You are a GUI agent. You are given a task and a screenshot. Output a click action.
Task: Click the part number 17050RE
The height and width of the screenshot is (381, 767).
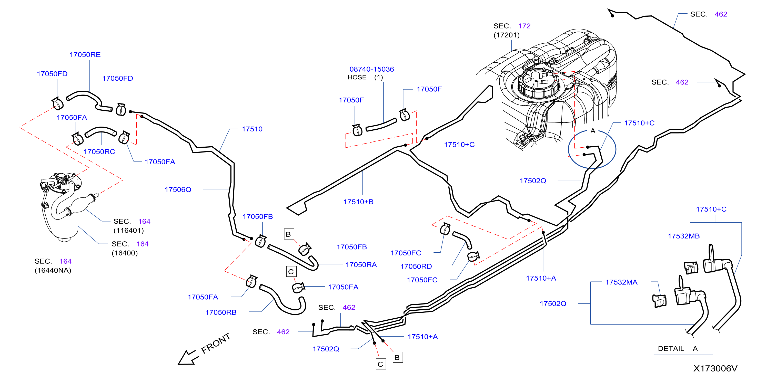85,54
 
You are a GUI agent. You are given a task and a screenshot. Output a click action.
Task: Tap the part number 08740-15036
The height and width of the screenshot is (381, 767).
372,69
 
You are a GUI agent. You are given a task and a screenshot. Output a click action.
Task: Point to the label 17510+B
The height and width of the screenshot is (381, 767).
358,202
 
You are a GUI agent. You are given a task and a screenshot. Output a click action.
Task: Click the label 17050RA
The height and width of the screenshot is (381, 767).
361,265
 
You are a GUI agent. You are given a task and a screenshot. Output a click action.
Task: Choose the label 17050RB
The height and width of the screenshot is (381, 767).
221,312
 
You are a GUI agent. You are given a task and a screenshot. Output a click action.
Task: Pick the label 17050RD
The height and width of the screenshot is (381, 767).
416,266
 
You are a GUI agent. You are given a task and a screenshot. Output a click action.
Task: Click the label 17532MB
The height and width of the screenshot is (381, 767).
684,236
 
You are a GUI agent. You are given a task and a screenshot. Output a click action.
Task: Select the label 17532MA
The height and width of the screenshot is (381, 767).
621,282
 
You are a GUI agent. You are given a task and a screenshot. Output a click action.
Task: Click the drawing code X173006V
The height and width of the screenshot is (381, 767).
715,368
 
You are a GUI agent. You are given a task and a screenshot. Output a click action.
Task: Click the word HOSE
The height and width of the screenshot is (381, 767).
357,77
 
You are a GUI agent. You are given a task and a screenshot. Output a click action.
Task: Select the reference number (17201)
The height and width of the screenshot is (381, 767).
507,35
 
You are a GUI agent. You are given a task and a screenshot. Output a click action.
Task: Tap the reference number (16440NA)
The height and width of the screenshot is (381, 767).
53,270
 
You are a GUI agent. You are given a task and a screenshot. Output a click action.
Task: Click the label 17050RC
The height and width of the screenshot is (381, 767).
99,152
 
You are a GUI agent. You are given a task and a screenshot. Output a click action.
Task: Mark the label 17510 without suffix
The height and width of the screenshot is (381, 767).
252,129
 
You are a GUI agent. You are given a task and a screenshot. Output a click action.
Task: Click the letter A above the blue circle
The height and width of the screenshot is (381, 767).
593,131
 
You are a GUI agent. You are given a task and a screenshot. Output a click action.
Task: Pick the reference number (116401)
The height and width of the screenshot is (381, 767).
129,231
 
